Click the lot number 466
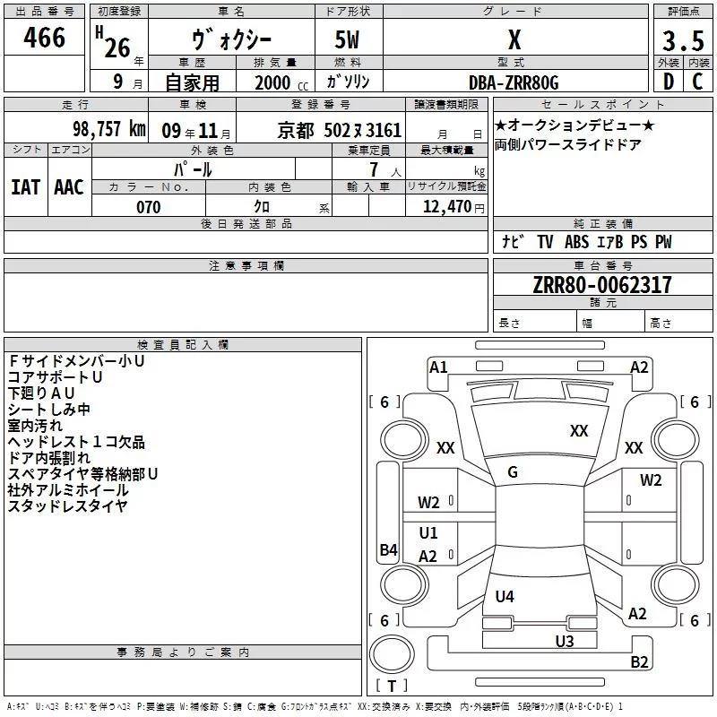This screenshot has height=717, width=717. [44, 38]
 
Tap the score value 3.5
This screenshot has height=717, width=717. [682, 42]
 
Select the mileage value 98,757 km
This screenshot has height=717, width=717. [108, 129]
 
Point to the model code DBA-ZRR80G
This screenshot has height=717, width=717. [514, 82]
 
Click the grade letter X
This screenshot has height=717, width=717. [514, 39]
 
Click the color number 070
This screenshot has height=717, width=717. [148, 207]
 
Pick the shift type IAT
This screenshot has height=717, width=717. [26, 186]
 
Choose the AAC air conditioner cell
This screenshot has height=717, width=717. [69, 186]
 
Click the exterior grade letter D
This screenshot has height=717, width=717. [668, 82]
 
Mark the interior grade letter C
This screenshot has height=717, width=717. [697, 82]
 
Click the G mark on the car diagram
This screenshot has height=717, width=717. [513, 472]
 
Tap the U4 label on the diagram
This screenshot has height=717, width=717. [505, 596]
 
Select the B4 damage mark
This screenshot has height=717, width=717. [388, 549]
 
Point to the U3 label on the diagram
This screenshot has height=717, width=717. [564, 640]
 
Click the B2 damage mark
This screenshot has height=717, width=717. [639, 662]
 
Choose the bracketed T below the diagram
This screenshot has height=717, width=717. [392, 686]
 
